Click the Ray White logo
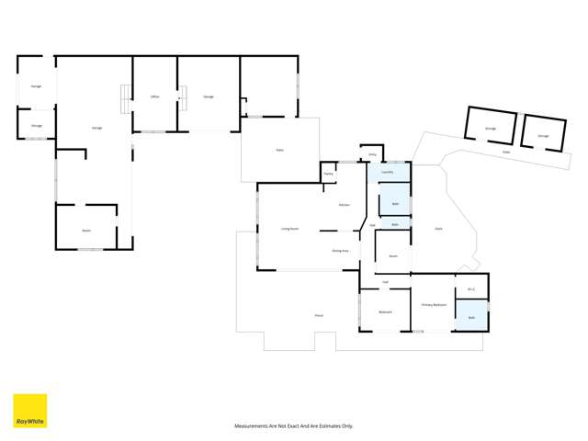tap(29, 411)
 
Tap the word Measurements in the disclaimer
tap(254, 426)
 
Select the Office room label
tap(154, 96)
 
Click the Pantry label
tap(327, 173)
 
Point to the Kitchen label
tap(344, 204)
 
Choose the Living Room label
tap(288, 229)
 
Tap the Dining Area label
tap(339, 250)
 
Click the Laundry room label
tap(387, 172)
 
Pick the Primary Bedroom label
tap(434, 304)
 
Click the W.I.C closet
tap(470, 289)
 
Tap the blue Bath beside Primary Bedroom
tap(471, 317)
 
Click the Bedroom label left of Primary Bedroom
tap(385, 311)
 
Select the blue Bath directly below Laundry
tap(395, 203)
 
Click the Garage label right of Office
tap(209, 96)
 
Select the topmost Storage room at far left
tap(37, 85)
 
